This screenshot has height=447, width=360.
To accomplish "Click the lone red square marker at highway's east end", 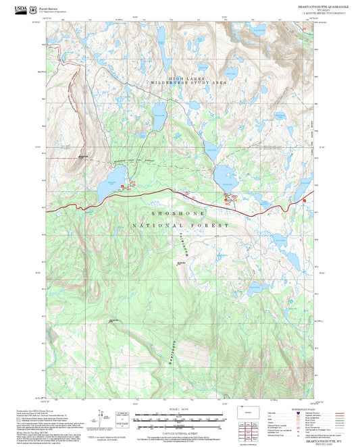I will [x=304, y=201].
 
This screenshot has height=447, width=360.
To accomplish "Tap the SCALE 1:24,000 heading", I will [x=179, y=409].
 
